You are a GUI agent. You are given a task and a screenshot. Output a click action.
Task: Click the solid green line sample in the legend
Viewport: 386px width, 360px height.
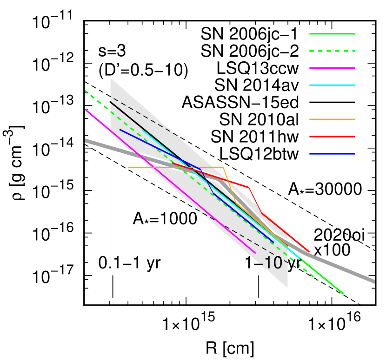(x=332, y=34)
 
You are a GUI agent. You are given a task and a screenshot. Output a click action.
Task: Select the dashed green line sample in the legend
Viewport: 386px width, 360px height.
(x=332, y=51)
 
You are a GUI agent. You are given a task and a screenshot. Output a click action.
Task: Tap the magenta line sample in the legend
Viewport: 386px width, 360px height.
(x=332, y=68)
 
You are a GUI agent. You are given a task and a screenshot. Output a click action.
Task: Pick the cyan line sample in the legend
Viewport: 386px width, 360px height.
(x=332, y=85)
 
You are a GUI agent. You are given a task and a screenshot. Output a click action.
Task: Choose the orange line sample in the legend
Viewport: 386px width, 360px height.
(x=332, y=119)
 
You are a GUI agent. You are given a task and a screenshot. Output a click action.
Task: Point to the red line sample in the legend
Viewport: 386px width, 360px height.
(x=332, y=137)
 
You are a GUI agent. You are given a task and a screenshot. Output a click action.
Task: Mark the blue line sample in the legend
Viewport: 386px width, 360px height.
(x=332, y=154)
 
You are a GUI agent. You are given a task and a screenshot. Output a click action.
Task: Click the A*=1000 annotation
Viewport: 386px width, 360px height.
(x=165, y=219)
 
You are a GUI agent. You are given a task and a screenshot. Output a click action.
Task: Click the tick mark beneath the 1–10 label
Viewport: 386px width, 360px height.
(x=259, y=281)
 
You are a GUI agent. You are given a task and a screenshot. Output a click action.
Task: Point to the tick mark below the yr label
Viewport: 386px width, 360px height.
(x=113, y=281)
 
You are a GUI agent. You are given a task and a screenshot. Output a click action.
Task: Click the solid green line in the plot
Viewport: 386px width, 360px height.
(x=326, y=279)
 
